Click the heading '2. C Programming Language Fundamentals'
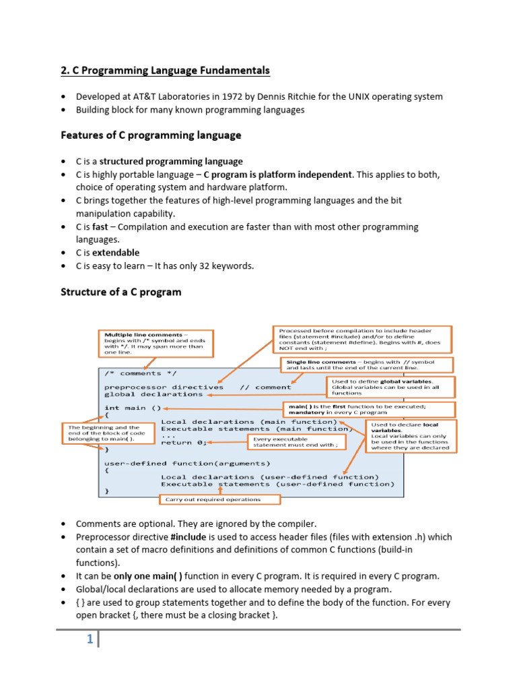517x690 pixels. [165, 70]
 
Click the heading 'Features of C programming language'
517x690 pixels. [151, 135]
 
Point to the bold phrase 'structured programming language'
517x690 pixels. [172, 162]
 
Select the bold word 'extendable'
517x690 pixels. [116, 253]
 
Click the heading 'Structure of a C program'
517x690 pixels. [121, 292]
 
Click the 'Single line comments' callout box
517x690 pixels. [367, 365]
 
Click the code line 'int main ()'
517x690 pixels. [133, 408]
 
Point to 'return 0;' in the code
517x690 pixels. [183, 443]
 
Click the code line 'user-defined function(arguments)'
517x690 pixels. [186, 463]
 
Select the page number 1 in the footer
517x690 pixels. [90, 640]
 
